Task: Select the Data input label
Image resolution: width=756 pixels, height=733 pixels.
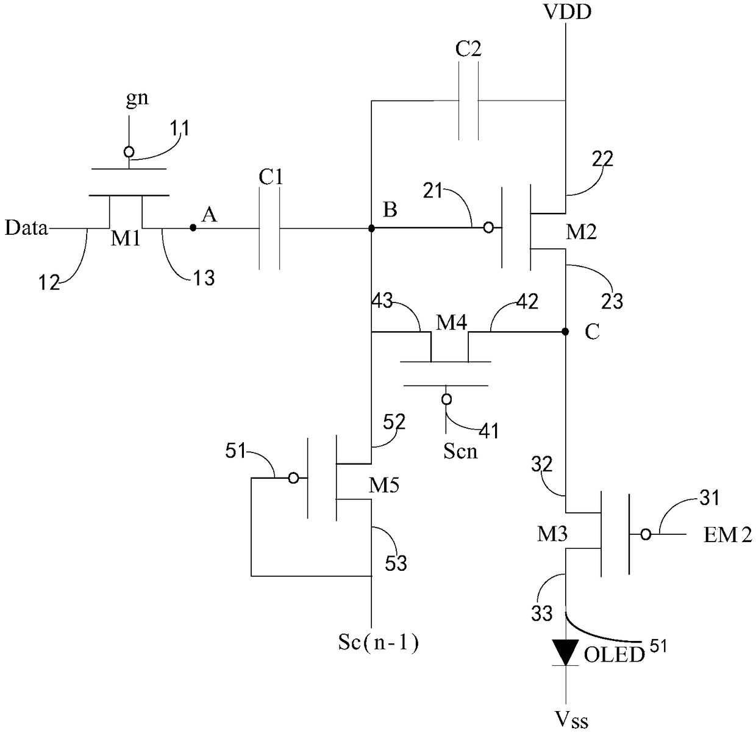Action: click(26, 227)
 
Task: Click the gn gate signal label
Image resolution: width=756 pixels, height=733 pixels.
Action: click(137, 99)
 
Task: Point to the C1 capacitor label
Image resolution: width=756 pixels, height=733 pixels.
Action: click(271, 177)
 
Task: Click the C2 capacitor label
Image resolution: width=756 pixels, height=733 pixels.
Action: click(468, 49)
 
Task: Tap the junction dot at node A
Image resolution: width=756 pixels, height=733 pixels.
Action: click(193, 227)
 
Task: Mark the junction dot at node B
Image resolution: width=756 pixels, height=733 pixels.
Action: click(371, 228)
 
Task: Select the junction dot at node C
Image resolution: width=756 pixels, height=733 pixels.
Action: click(566, 332)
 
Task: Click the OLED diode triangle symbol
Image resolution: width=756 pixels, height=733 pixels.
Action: click(566, 652)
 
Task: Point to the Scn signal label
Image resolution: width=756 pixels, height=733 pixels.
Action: click(460, 452)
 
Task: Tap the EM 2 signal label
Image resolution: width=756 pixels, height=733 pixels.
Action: click(727, 535)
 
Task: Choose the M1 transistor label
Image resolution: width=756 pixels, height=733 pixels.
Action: click(126, 238)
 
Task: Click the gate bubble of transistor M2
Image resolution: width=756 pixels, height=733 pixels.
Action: click(488, 227)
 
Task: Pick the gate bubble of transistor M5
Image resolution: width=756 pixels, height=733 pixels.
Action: click(294, 478)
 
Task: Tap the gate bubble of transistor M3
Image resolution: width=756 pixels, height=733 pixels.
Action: click(646, 535)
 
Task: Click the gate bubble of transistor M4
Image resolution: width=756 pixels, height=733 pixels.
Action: click(447, 399)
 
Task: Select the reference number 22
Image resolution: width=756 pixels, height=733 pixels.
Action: click(602, 159)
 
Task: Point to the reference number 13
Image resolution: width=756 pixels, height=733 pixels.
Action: click(204, 278)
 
